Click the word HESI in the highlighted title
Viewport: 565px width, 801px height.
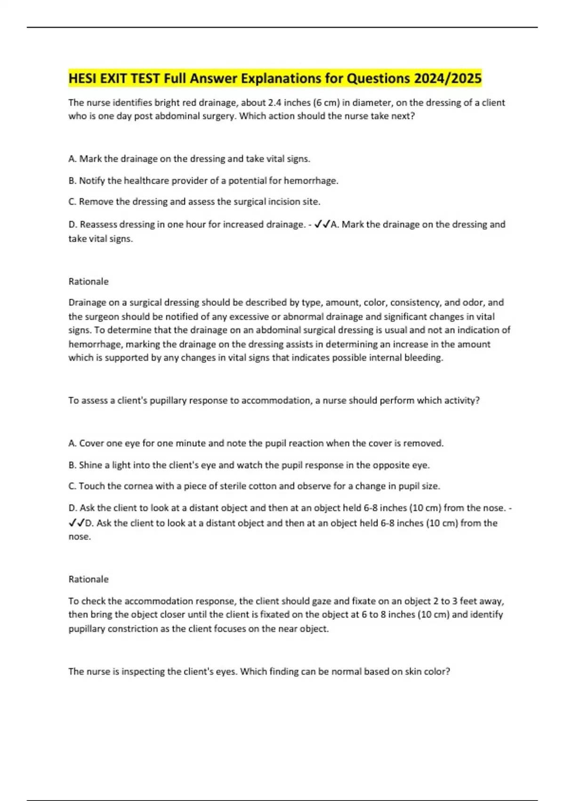click(83, 78)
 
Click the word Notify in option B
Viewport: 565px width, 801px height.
click(92, 180)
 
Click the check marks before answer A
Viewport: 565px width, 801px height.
click(322, 225)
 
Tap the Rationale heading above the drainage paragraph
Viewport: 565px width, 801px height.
click(89, 281)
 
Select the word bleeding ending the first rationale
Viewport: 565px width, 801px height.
click(426, 358)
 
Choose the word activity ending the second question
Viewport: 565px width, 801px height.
click(463, 400)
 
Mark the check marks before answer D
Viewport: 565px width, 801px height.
click(76, 523)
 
